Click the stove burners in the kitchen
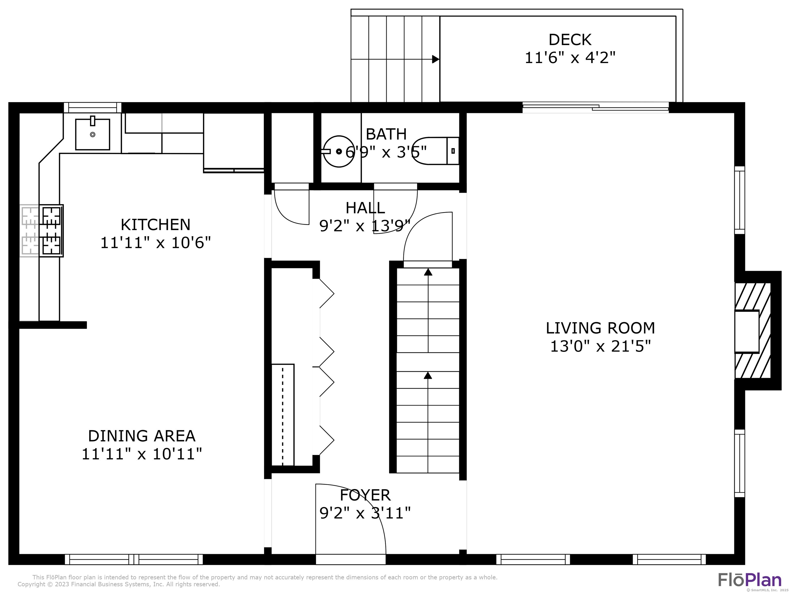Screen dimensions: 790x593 pos(51,231)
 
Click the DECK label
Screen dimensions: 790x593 pos(570,40)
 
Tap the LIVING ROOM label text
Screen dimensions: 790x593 pos(600,328)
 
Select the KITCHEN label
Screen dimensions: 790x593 pos(155,225)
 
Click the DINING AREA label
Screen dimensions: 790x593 pos(142,436)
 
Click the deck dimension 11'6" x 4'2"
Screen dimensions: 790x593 pos(570,58)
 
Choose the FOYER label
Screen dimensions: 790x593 pos(365,495)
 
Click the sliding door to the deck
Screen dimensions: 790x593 pos(595,107)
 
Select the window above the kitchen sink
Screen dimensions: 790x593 pos(93,108)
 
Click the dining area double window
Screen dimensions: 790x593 pos(133,559)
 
